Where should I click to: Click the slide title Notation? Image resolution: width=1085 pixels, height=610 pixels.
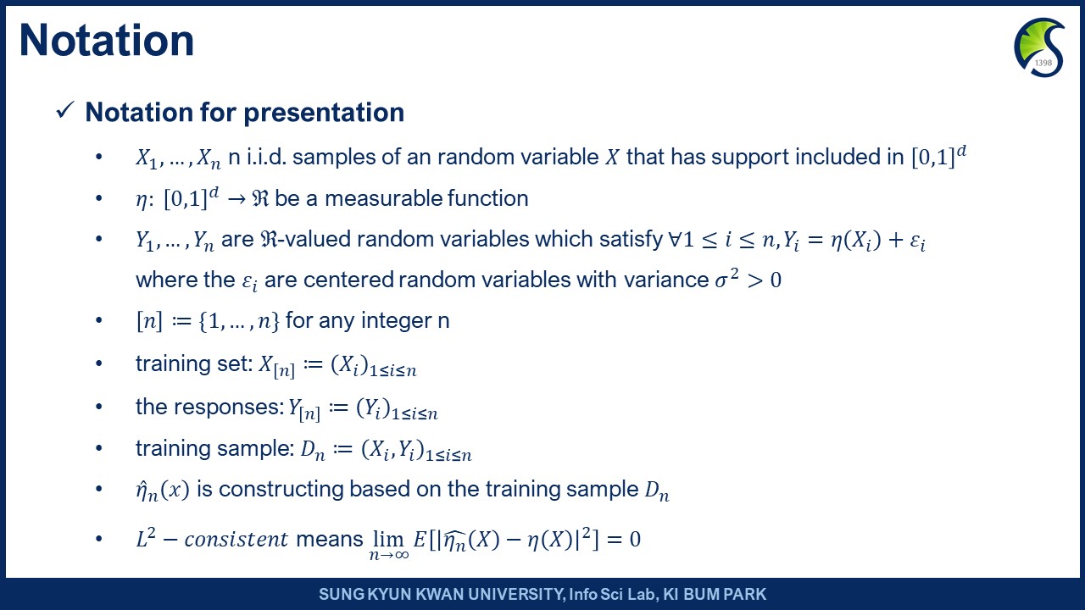coord(107,41)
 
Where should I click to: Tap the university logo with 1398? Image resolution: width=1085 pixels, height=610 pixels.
coord(1039,47)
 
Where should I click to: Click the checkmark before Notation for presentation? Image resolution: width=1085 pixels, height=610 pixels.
coord(65,110)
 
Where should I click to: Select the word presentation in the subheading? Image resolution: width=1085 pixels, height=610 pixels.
coord(324,113)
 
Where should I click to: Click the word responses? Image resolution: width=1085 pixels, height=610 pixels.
coord(229,408)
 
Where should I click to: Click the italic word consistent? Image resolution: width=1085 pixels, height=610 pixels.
coord(236,540)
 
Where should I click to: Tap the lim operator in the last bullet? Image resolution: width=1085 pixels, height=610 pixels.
coord(389,538)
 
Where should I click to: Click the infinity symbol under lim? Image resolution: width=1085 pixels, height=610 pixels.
coord(402,555)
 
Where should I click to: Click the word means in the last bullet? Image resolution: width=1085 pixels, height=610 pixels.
coord(330,540)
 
